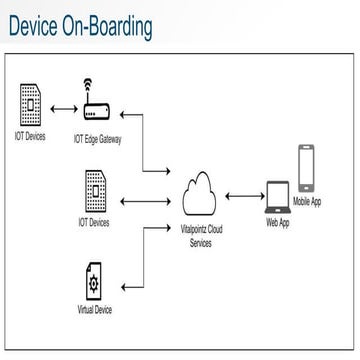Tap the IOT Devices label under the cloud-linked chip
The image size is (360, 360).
pos(93,222)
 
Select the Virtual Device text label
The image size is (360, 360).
pos(95,310)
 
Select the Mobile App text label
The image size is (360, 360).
pos(307,201)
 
